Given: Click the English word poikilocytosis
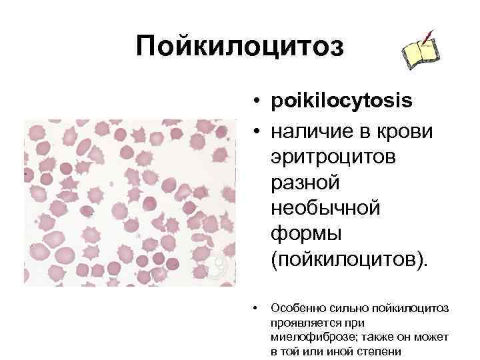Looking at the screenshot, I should tap(341, 102).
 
